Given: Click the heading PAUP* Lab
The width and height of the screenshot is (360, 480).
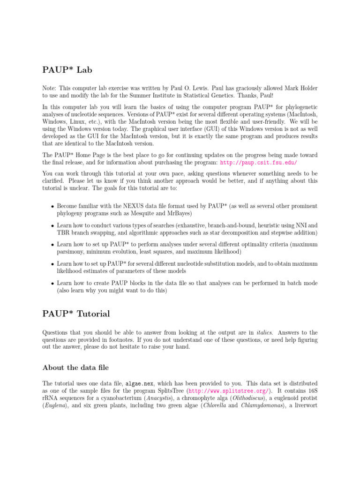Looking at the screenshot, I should coord(66,70).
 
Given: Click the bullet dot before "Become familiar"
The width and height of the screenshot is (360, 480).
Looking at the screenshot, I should coord(51,206).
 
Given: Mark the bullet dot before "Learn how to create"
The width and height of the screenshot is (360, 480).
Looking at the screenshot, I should coord(51,284).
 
